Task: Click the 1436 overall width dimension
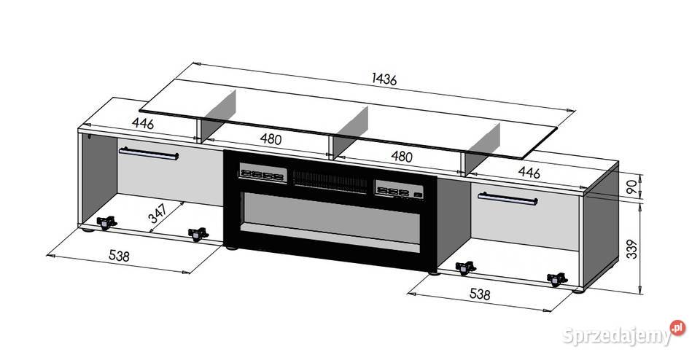[x=384, y=79]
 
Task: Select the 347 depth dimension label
[x=158, y=214]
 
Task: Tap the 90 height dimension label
[x=632, y=187]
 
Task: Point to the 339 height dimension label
[x=632, y=249]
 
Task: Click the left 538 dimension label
[x=119, y=256]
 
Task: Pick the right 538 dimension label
[x=480, y=294]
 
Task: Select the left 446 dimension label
[x=143, y=124]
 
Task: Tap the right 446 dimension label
[x=529, y=172]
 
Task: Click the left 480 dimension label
[x=271, y=139]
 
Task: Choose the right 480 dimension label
[x=402, y=156]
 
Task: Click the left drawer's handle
[x=149, y=154]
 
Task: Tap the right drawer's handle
[x=507, y=199]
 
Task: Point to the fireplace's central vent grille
[x=330, y=181]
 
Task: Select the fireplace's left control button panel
[x=262, y=173]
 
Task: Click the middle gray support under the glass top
[x=351, y=130]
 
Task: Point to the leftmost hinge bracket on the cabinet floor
[x=106, y=222]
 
